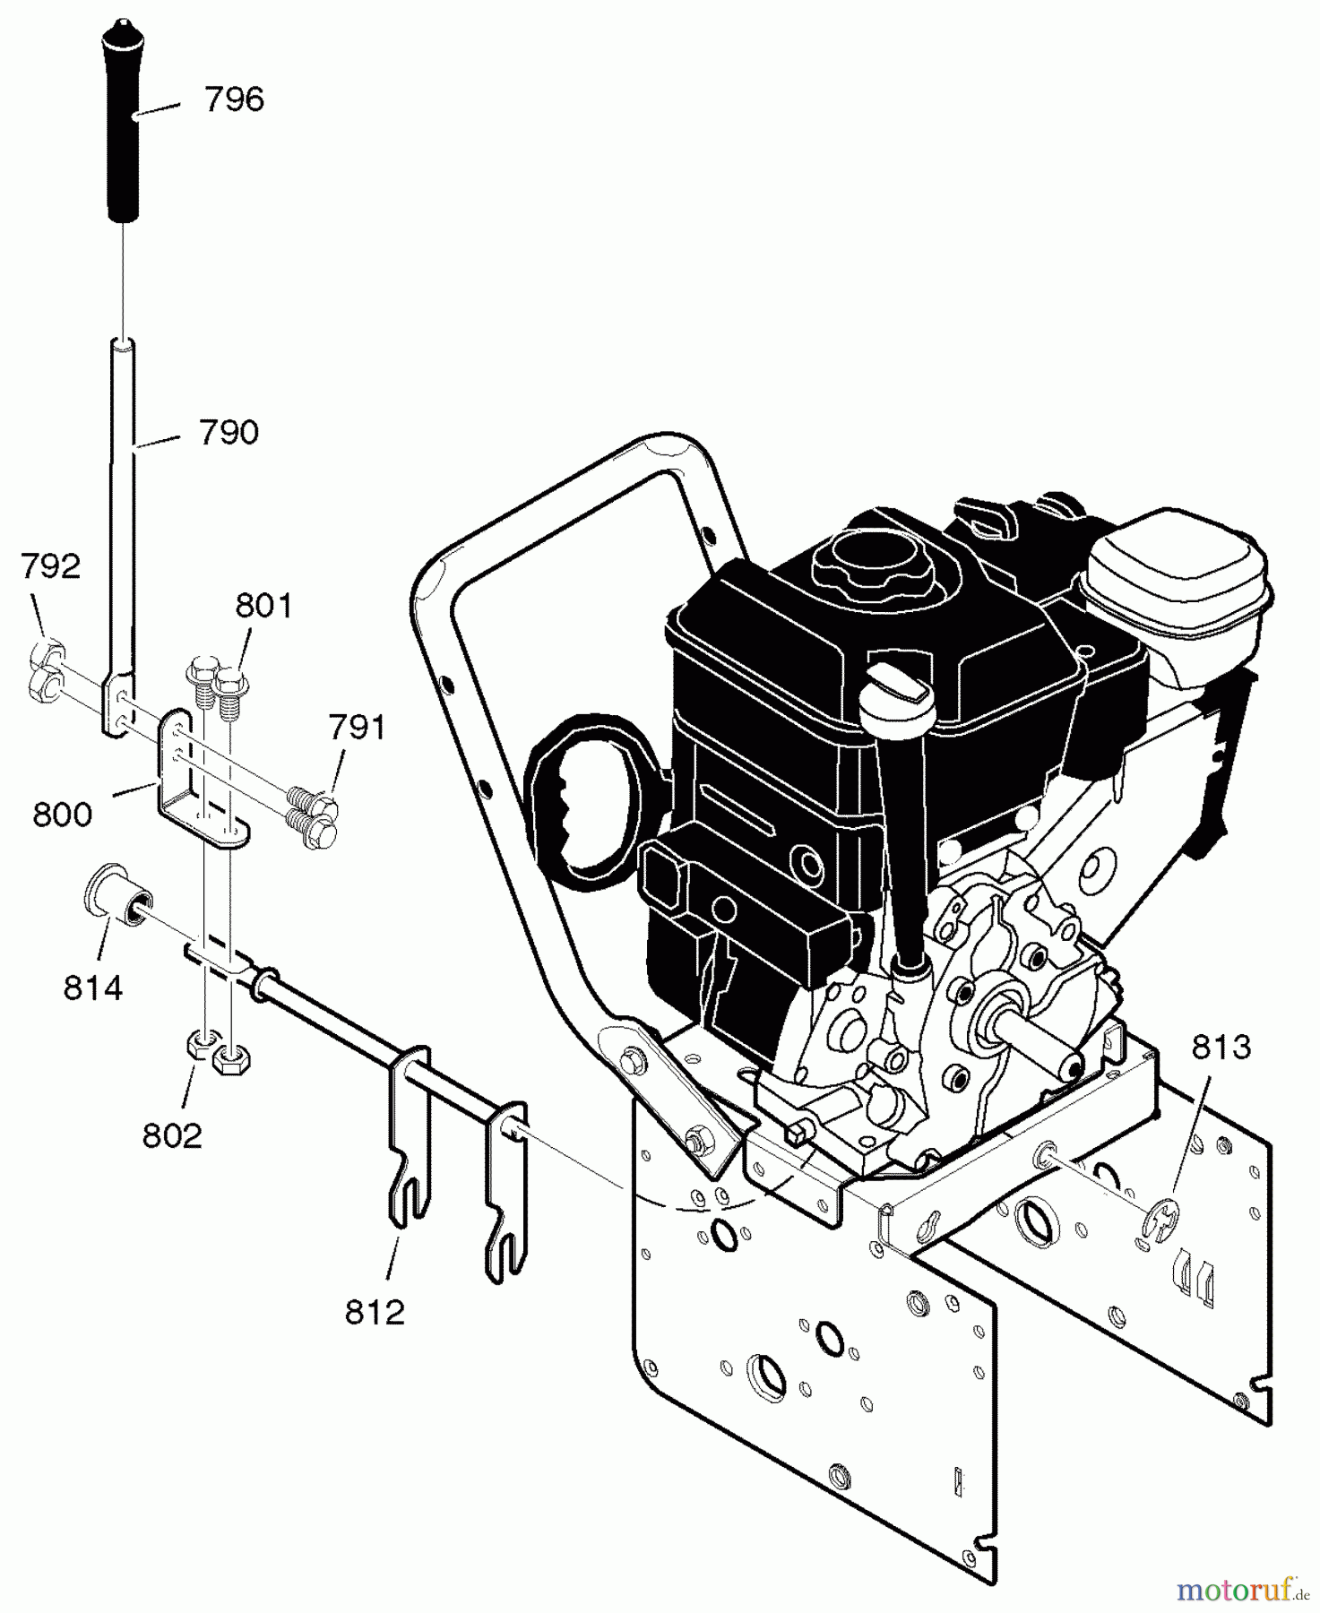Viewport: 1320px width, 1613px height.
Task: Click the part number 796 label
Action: coord(234,99)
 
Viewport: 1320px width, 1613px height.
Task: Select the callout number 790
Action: coord(229,433)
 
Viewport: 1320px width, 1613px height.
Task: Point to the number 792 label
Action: coord(50,566)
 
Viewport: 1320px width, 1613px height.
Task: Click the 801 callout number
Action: coord(263,607)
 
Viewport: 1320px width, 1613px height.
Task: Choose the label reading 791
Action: coord(357,728)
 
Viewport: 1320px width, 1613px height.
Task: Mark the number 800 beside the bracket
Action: coord(62,815)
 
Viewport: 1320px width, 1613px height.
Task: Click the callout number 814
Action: coord(92,988)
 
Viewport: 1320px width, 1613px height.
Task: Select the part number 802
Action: coord(172,1136)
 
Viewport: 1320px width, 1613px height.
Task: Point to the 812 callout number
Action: coord(375,1313)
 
